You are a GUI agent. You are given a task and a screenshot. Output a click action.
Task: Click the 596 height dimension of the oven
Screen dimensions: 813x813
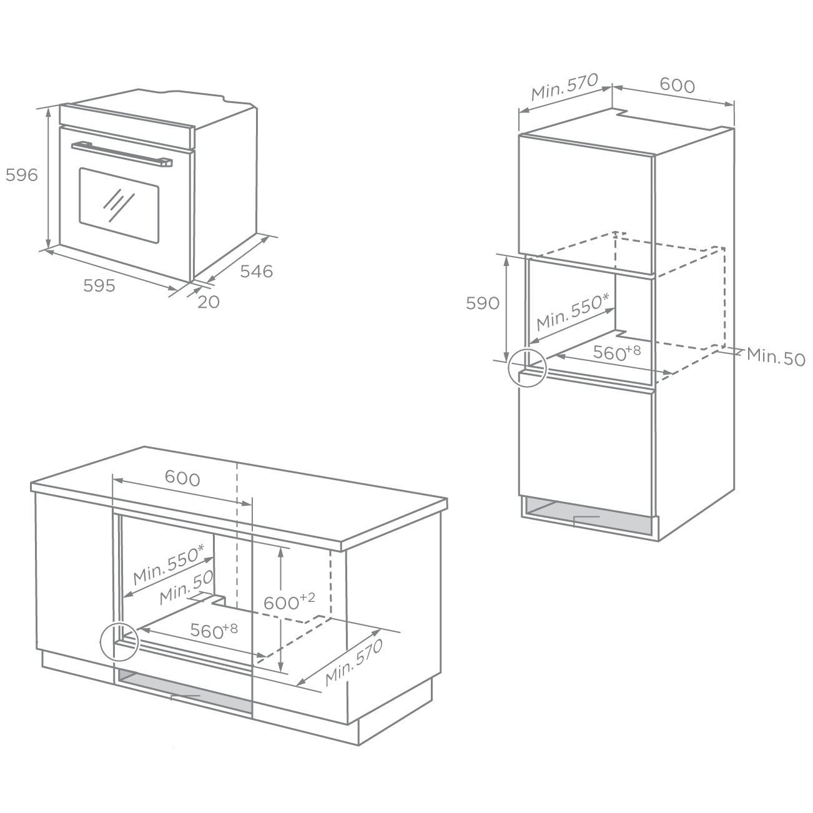(x=21, y=175)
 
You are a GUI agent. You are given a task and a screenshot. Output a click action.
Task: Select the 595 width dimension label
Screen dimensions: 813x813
(x=99, y=285)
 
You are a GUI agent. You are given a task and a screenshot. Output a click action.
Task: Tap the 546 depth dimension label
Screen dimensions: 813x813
(x=257, y=271)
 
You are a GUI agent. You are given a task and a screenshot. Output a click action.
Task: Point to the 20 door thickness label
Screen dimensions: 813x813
(x=209, y=302)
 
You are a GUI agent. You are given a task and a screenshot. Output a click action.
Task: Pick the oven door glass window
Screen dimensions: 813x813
(x=119, y=205)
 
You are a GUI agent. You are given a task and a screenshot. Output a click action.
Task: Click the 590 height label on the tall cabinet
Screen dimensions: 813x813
(x=483, y=303)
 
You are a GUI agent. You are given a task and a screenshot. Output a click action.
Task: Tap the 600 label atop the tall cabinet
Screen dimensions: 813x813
(x=677, y=85)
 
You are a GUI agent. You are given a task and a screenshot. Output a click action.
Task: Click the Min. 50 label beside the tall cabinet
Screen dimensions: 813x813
(x=776, y=357)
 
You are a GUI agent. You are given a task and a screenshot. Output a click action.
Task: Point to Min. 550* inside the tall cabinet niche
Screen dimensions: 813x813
(x=573, y=312)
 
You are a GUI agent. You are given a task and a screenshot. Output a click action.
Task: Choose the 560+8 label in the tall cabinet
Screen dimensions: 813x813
(x=617, y=352)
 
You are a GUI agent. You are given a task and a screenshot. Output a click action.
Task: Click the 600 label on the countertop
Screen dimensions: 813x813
(x=182, y=478)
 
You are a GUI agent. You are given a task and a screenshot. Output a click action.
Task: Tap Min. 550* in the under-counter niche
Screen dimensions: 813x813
(x=169, y=564)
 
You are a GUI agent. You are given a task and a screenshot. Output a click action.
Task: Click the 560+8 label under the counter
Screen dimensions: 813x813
(x=214, y=630)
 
